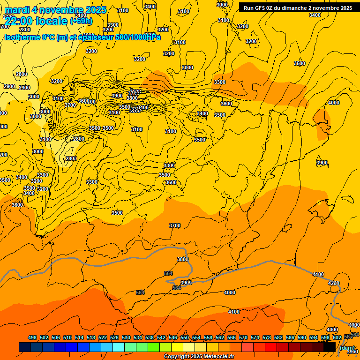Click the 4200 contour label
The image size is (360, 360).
[x=333, y=283]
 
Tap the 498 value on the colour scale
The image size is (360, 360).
[x=32, y=337]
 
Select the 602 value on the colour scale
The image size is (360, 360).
[x=337, y=337]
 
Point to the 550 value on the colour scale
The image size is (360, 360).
[x=185, y=337]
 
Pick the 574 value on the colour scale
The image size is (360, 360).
[x=255, y=337]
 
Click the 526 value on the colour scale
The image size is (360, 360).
[x=114, y=337]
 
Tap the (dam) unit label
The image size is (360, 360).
[x=347, y=347]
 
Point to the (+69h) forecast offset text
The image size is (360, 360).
[x=81, y=21]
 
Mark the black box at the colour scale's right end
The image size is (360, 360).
[x=330, y=347]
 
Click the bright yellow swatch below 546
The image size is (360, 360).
[x=177, y=347]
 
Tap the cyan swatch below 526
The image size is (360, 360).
[x=119, y=347]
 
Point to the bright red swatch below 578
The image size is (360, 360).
[x=271, y=347]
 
